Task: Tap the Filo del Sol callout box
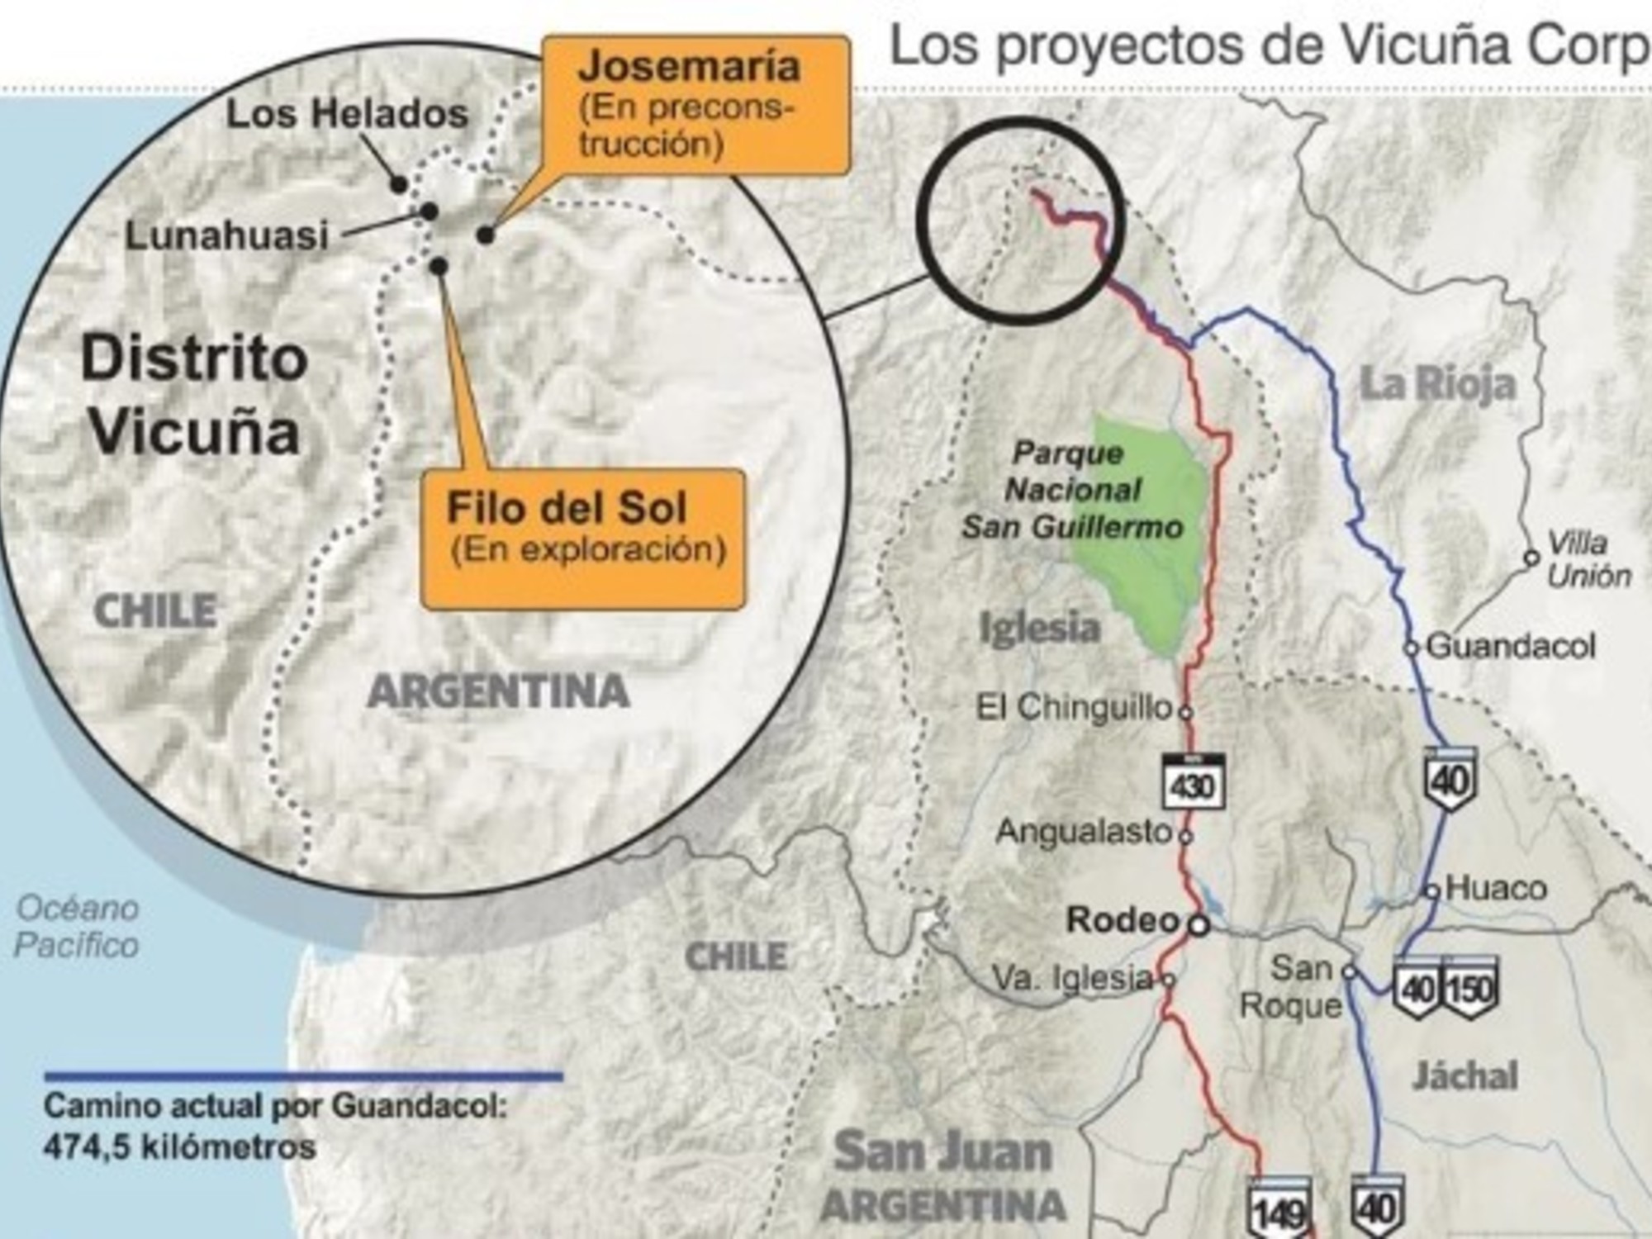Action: (x=583, y=539)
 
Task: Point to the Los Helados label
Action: (x=347, y=114)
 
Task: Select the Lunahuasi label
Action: (x=227, y=236)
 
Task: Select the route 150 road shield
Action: (x=1469, y=988)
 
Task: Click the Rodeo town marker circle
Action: (x=1199, y=925)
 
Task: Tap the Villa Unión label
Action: (x=1588, y=559)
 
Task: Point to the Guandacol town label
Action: (x=1511, y=646)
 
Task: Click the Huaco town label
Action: (x=1496, y=889)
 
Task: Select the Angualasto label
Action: (x=1084, y=832)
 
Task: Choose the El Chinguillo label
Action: (x=1074, y=708)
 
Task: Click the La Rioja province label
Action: (x=1438, y=384)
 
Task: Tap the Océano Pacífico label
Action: (x=77, y=927)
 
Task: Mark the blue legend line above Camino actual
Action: (x=303, y=1076)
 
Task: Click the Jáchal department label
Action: (x=1464, y=1075)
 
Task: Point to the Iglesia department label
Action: (x=1039, y=628)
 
